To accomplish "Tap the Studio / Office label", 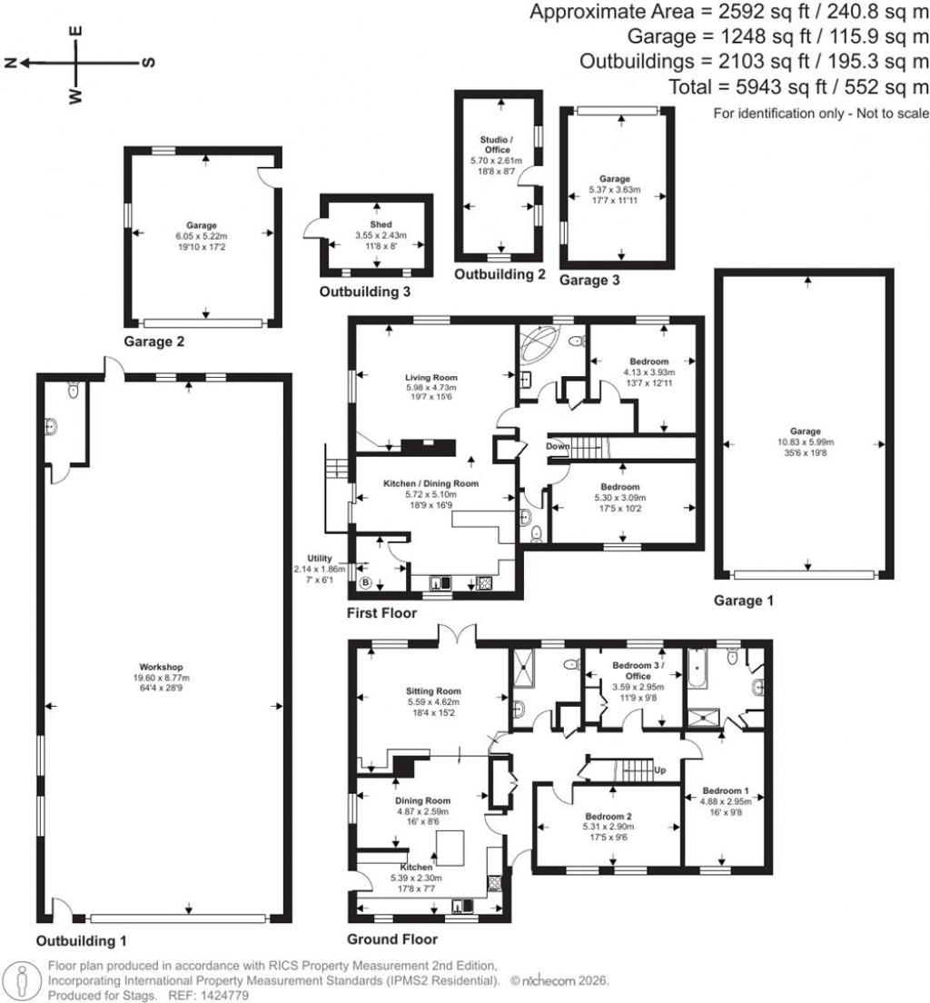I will click(496, 144).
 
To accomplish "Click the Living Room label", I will click(431, 376).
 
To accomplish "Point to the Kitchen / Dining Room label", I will click(430, 483).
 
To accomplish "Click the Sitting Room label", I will click(430, 690).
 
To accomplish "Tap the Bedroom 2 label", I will click(607, 815).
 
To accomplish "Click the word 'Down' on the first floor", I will click(558, 446).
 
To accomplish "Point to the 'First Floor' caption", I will click(381, 613).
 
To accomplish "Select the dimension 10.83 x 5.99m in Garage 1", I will click(805, 442).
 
